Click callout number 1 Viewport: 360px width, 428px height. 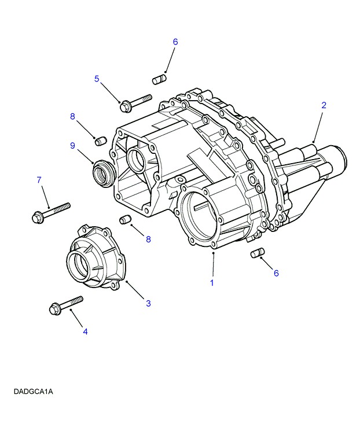coord(212,283)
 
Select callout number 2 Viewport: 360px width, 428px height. coord(324,105)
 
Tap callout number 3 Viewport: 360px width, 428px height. coord(148,303)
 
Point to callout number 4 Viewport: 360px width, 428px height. coord(85,331)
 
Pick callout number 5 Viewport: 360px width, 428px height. coord(97,79)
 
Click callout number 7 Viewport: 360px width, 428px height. coord(39,180)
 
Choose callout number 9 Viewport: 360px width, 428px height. coord(73,146)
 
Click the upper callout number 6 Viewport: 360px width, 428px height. coord(175,42)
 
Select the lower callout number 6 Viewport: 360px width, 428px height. coord(276,273)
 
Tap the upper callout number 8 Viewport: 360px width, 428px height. coord(73,116)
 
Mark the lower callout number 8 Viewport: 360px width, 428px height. coord(148,239)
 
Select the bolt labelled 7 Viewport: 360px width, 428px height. coord(51,211)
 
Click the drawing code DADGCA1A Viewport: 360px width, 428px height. coord(34,392)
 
